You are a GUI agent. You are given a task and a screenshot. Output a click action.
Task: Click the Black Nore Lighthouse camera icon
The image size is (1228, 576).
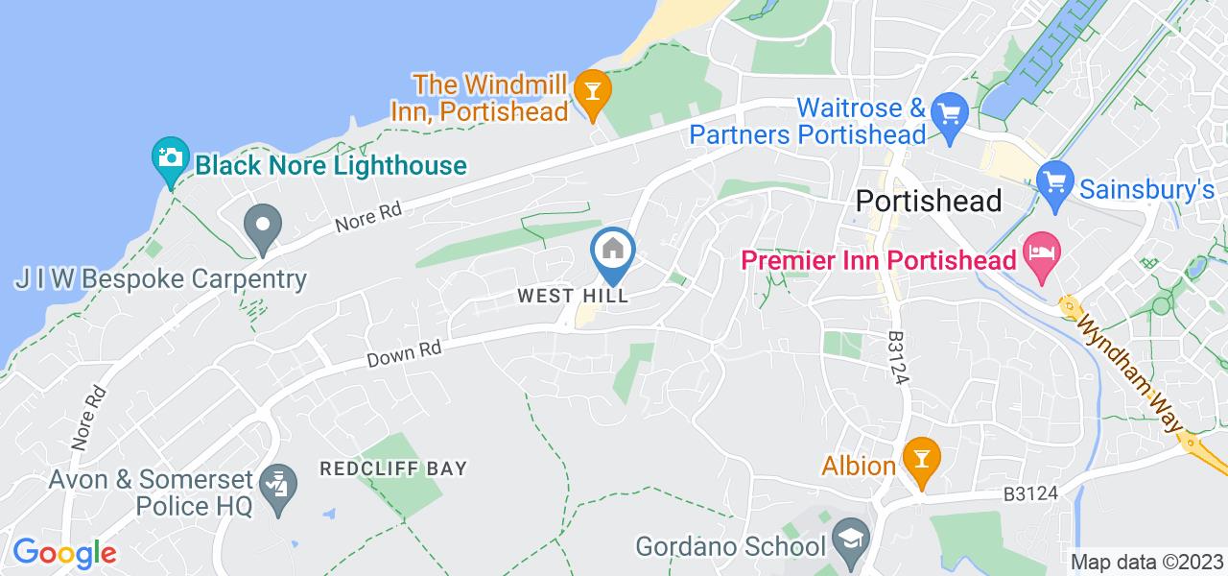tap(170, 155)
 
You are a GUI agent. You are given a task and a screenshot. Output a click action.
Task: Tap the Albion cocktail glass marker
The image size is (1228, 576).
tap(921, 453)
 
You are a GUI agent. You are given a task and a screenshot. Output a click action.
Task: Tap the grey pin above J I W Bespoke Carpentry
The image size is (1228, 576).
tap(261, 228)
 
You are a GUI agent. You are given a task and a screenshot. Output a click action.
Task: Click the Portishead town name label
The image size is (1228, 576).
tap(928, 201)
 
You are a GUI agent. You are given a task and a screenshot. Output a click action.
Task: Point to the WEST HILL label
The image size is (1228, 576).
tap(573, 296)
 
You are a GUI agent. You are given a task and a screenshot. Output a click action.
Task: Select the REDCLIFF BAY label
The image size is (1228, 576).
tap(394, 468)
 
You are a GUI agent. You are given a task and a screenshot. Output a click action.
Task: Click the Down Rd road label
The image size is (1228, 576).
tap(403, 353)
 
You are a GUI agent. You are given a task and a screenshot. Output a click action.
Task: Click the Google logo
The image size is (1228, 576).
tap(64, 553)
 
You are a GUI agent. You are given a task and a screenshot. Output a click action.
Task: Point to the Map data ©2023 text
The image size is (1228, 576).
tap(1146, 563)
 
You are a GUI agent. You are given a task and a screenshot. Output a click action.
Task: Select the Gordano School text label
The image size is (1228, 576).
tap(731, 547)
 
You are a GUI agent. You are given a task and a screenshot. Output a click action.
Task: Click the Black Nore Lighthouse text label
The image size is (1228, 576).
tap(330, 165)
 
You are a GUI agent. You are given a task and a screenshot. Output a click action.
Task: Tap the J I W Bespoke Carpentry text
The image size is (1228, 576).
tap(160, 279)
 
